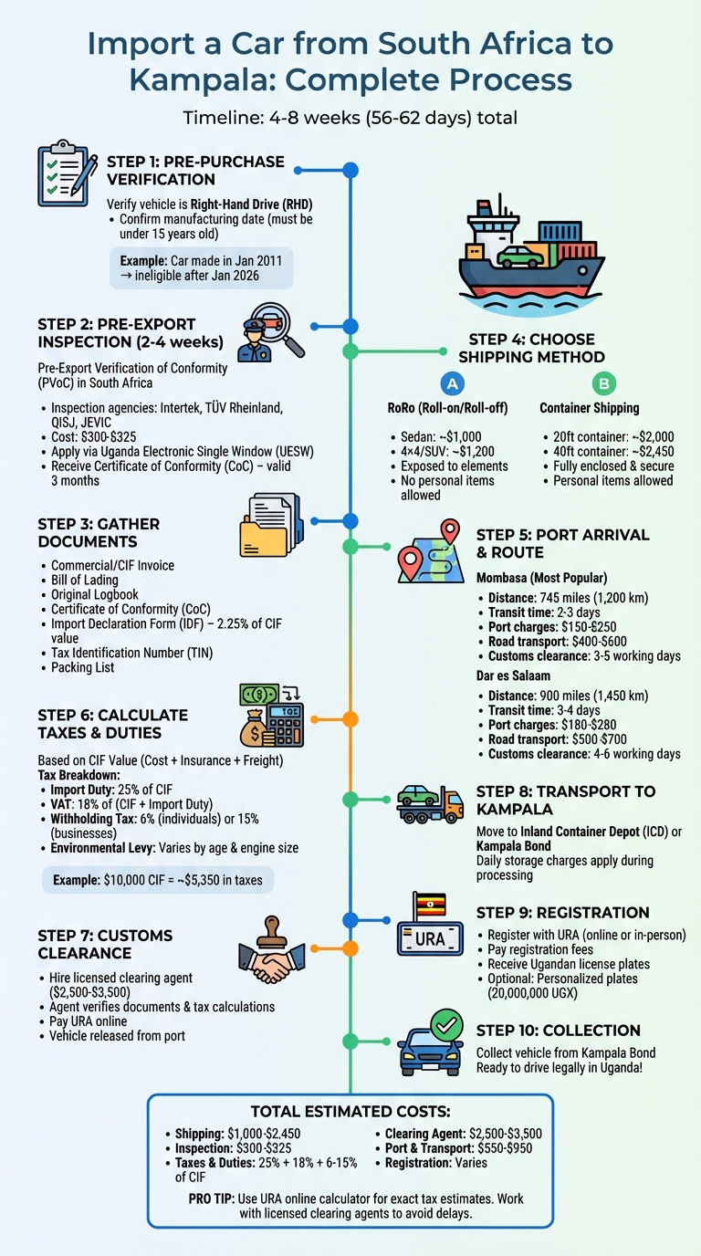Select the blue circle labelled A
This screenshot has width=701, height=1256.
(x=448, y=384)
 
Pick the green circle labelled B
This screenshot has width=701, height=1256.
(x=603, y=384)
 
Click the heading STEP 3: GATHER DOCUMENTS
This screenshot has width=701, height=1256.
(x=99, y=533)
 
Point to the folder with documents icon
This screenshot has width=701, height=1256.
(x=269, y=526)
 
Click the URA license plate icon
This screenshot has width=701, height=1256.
(x=430, y=927)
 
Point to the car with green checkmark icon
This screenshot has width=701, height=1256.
(x=431, y=1044)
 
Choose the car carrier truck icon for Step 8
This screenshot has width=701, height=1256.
(x=430, y=801)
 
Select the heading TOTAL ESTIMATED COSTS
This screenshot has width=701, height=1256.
(x=350, y=1112)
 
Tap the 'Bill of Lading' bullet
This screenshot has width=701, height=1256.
(x=91, y=581)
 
